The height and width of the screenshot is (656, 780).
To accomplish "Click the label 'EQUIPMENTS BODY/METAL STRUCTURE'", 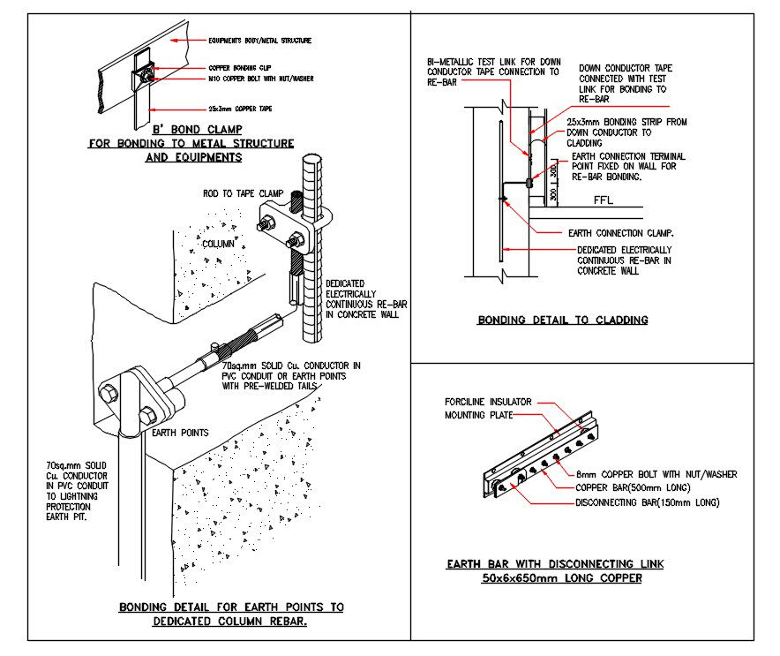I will (x=259, y=41).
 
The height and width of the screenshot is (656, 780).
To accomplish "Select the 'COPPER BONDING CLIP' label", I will (x=244, y=67).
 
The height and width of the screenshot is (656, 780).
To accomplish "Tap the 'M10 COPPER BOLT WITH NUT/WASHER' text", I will (x=260, y=79).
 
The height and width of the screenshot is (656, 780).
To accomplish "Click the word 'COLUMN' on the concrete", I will (x=218, y=244).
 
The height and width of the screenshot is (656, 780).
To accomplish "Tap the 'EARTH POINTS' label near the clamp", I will (x=180, y=433).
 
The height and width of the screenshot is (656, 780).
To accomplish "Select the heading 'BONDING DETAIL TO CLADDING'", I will (x=562, y=320).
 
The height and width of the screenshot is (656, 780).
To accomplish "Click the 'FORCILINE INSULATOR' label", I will (x=488, y=402).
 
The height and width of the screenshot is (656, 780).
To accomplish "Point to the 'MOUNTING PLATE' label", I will (x=476, y=413).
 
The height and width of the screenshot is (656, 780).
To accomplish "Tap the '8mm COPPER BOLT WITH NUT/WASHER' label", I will (x=656, y=474).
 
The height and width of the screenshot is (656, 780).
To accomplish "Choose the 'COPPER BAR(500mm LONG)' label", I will (x=632, y=487).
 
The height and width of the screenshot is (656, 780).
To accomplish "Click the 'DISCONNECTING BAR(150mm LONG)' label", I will (x=647, y=502).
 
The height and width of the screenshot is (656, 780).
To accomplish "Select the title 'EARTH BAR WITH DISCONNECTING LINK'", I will (x=555, y=563).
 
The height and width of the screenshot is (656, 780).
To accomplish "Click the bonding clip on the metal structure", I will (x=142, y=70).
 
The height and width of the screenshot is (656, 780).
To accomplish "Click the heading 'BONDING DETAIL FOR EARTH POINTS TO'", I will (x=231, y=607).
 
